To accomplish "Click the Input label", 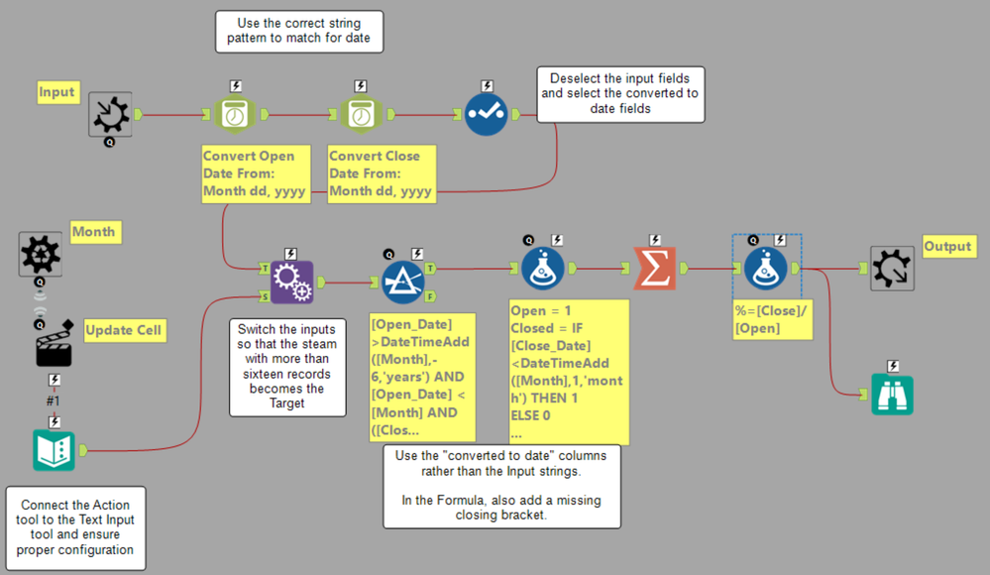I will [x=57, y=92].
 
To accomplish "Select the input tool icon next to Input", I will [x=110, y=115].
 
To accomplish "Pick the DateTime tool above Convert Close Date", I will [x=361, y=115].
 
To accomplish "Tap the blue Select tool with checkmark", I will [x=487, y=115].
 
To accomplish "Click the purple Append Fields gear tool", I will [x=291, y=283].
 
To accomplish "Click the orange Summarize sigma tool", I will [x=655, y=268].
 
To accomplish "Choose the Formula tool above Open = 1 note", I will [x=543, y=268].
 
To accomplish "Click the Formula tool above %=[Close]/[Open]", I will [x=767, y=268].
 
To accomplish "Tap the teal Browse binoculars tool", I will [x=892, y=394].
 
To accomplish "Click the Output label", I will [x=947, y=246].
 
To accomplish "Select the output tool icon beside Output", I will [x=892, y=268].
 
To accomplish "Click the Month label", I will [x=93, y=232].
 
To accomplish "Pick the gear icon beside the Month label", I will [x=41, y=254].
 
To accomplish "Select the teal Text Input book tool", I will [x=54, y=450].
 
